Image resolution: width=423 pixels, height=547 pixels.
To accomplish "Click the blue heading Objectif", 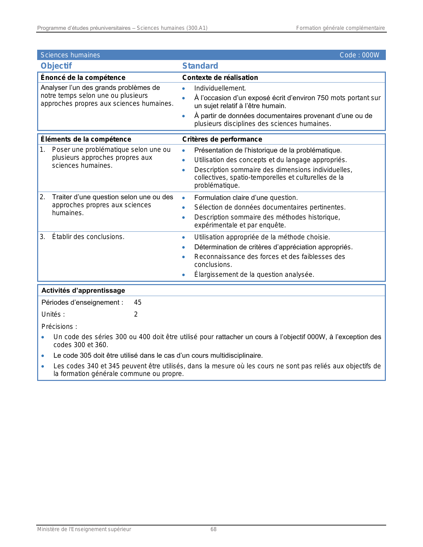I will tap(56, 66).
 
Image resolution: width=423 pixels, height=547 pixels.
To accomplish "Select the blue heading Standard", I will tap(200, 66).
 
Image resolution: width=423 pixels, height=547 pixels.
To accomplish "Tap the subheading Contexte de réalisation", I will tap(220, 78).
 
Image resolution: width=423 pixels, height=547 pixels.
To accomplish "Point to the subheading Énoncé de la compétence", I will tap(83, 78).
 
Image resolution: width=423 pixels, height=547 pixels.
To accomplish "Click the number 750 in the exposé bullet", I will tap(323, 98).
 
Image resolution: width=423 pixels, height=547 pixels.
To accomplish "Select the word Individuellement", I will tap(220, 88).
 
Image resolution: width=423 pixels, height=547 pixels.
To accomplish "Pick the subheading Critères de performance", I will tap(222, 139).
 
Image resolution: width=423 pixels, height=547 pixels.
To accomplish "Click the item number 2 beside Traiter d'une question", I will tap(42, 197).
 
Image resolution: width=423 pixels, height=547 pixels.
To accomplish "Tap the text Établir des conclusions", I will tap(88, 237).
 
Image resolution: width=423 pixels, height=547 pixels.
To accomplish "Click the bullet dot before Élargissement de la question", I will tap(183, 275).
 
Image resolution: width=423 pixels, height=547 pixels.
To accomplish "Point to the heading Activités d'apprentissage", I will tap(83, 290).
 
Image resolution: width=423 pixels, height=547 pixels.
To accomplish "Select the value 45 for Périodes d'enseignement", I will tap(138, 302).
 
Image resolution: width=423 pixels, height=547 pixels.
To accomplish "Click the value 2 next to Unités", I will tap(136, 314).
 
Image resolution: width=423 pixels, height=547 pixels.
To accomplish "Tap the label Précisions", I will tap(59, 327).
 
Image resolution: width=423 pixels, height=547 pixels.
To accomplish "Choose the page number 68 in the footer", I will tap(213, 529).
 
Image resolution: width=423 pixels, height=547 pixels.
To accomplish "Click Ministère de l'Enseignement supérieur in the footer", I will tap(84, 529).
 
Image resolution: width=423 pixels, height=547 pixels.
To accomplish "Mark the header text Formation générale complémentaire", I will tap(340, 28).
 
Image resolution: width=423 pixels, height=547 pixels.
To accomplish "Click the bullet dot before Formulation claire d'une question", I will tap(183, 198).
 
